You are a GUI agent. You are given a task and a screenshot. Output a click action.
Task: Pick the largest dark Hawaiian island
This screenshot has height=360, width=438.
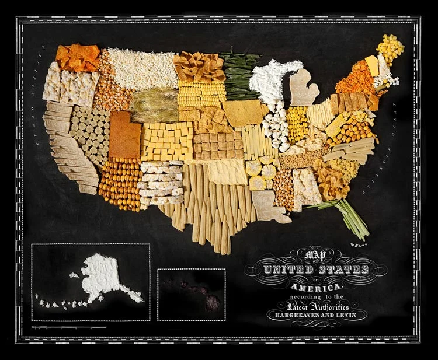pos(213,302)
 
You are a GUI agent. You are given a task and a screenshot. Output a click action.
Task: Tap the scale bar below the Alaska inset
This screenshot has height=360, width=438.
pos(70,328)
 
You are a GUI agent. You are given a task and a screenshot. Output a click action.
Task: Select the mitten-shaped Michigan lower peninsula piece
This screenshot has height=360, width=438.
pos(303,88)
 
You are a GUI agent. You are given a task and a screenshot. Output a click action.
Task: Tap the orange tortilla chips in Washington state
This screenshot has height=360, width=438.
pos(78,57)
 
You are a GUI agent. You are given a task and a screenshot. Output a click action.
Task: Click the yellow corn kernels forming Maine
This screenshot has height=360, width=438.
pos(390,48)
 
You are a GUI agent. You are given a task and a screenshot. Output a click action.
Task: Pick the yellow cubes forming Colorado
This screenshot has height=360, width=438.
pos(167,140)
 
